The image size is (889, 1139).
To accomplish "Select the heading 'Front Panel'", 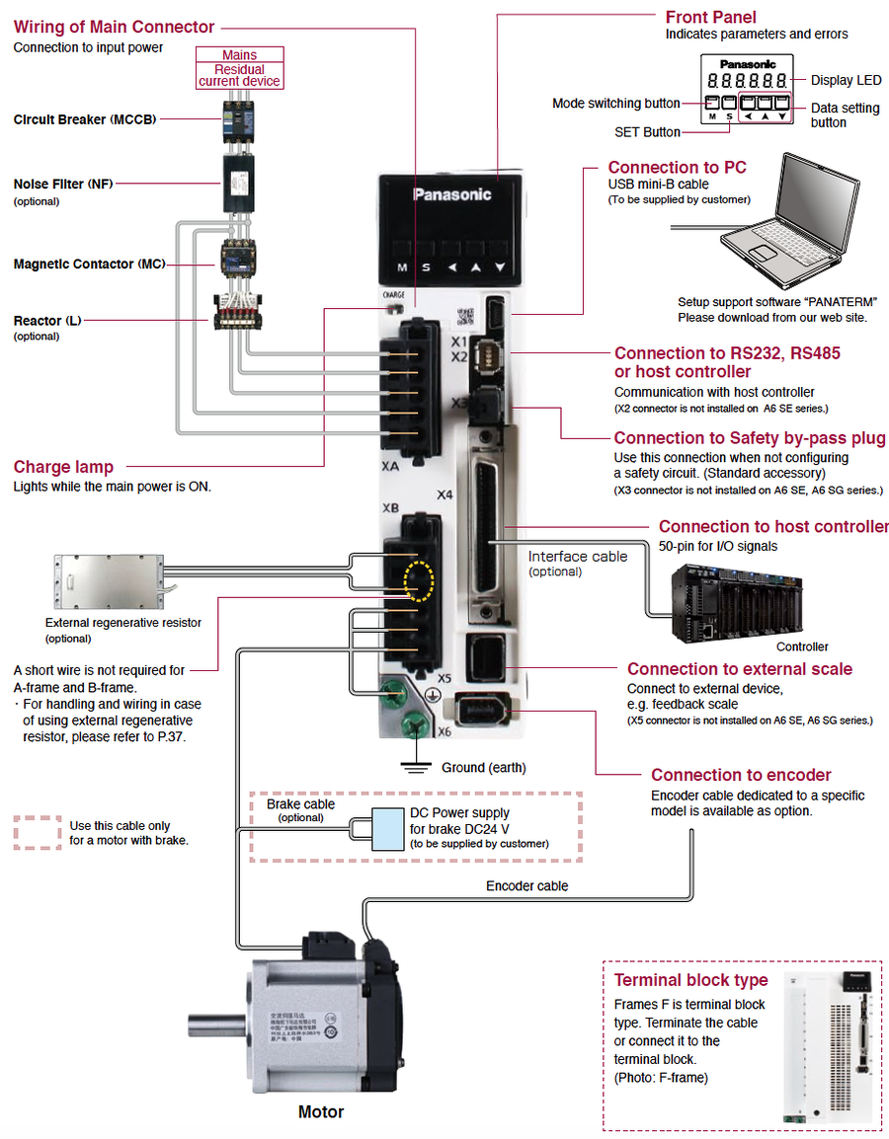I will click(710, 17).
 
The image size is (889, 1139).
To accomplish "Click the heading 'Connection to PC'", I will click(677, 168).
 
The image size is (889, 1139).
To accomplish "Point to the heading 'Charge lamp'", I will click(63, 467).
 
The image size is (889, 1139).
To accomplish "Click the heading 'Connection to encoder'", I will click(741, 775).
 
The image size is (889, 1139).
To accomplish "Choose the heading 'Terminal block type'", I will click(690, 980).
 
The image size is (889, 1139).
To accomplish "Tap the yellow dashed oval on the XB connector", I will click(419, 583).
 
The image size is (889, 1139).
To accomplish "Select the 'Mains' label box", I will click(240, 55).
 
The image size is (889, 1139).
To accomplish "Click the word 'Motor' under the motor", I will click(321, 1112).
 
